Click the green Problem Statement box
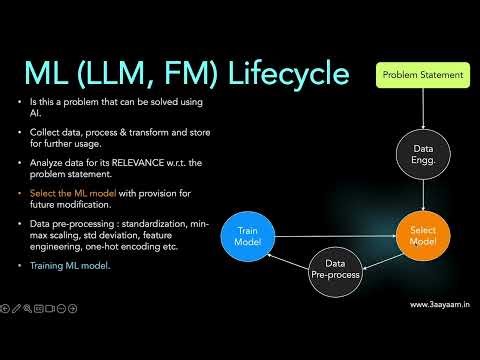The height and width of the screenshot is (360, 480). point(423,74)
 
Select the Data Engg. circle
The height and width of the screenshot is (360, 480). point(423,153)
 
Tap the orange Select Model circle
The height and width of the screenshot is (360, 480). point(423,236)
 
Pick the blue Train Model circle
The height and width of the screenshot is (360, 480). point(247,236)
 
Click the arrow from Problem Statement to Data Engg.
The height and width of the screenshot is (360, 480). point(423,107)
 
